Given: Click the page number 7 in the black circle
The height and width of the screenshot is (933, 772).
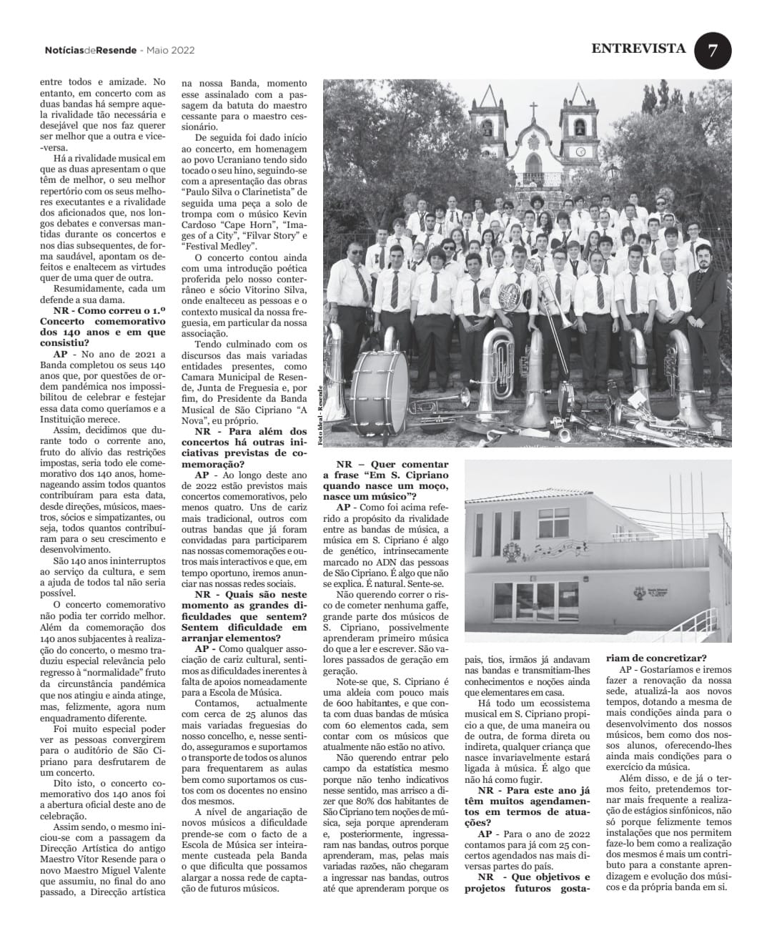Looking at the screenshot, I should click(712, 51).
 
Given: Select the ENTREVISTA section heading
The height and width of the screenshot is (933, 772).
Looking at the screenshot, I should click(638, 49).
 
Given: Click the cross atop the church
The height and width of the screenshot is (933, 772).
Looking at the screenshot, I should click(533, 109).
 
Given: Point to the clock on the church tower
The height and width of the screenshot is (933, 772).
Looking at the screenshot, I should click(580, 152).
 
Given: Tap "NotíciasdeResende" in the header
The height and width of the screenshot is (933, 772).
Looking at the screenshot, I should click(89, 50).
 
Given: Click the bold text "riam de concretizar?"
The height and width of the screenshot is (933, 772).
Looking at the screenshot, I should click(657, 658).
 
